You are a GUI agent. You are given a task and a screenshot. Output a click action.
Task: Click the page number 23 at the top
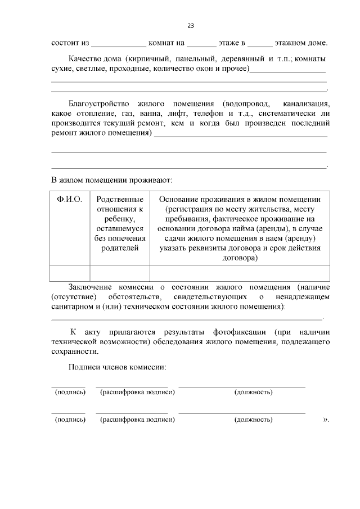click(191, 25)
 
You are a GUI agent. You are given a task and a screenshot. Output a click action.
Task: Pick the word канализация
click(307, 104)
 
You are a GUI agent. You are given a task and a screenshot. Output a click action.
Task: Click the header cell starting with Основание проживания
click(240, 228)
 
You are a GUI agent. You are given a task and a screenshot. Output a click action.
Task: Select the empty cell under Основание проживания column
click(240, 272)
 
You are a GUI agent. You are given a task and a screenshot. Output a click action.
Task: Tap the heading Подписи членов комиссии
click(118, 367)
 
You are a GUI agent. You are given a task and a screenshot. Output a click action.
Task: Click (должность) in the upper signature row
click(253, 392)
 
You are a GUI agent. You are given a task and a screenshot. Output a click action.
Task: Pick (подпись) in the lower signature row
click(70, 420)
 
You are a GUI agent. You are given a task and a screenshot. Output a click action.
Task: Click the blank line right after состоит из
click(119, 43)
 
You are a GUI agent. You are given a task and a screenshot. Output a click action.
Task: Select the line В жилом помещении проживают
click(112, 181)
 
